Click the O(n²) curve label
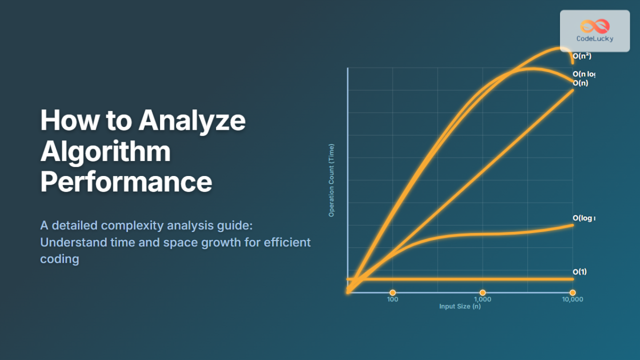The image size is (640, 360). pyautogui.click(x=582, y=55)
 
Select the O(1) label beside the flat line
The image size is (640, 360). pyautogui.click(x=580, y=272)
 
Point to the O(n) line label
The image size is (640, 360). pyautogui.click(x=580, y=83)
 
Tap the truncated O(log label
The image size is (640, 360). pyautogui.click(x=583, y=218)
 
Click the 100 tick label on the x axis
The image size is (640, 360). pyautogui.click(x=393, y=300)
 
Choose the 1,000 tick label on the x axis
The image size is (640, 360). pyautogui.click(x=482, y=300)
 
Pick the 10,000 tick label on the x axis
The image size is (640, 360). pyautogui.click(x=572, y=300)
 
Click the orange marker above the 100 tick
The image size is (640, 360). pyautogui.click(x=393, y=292)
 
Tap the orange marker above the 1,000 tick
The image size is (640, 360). pyautogui.click(x=483, y=292)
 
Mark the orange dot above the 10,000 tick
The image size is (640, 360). pyautogui.click(x=572, y=292)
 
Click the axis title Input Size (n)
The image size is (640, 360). pyautogui.click(x=460, y=307)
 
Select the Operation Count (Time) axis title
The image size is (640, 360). pyautogui.click(x=331, y=180)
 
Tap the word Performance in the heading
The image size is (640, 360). pyautogui.click(x=126, y=182)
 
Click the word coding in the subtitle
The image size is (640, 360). pyautogui.click(x=59, y=259)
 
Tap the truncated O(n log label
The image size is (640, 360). pyautogui.click(x=583, y=74)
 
